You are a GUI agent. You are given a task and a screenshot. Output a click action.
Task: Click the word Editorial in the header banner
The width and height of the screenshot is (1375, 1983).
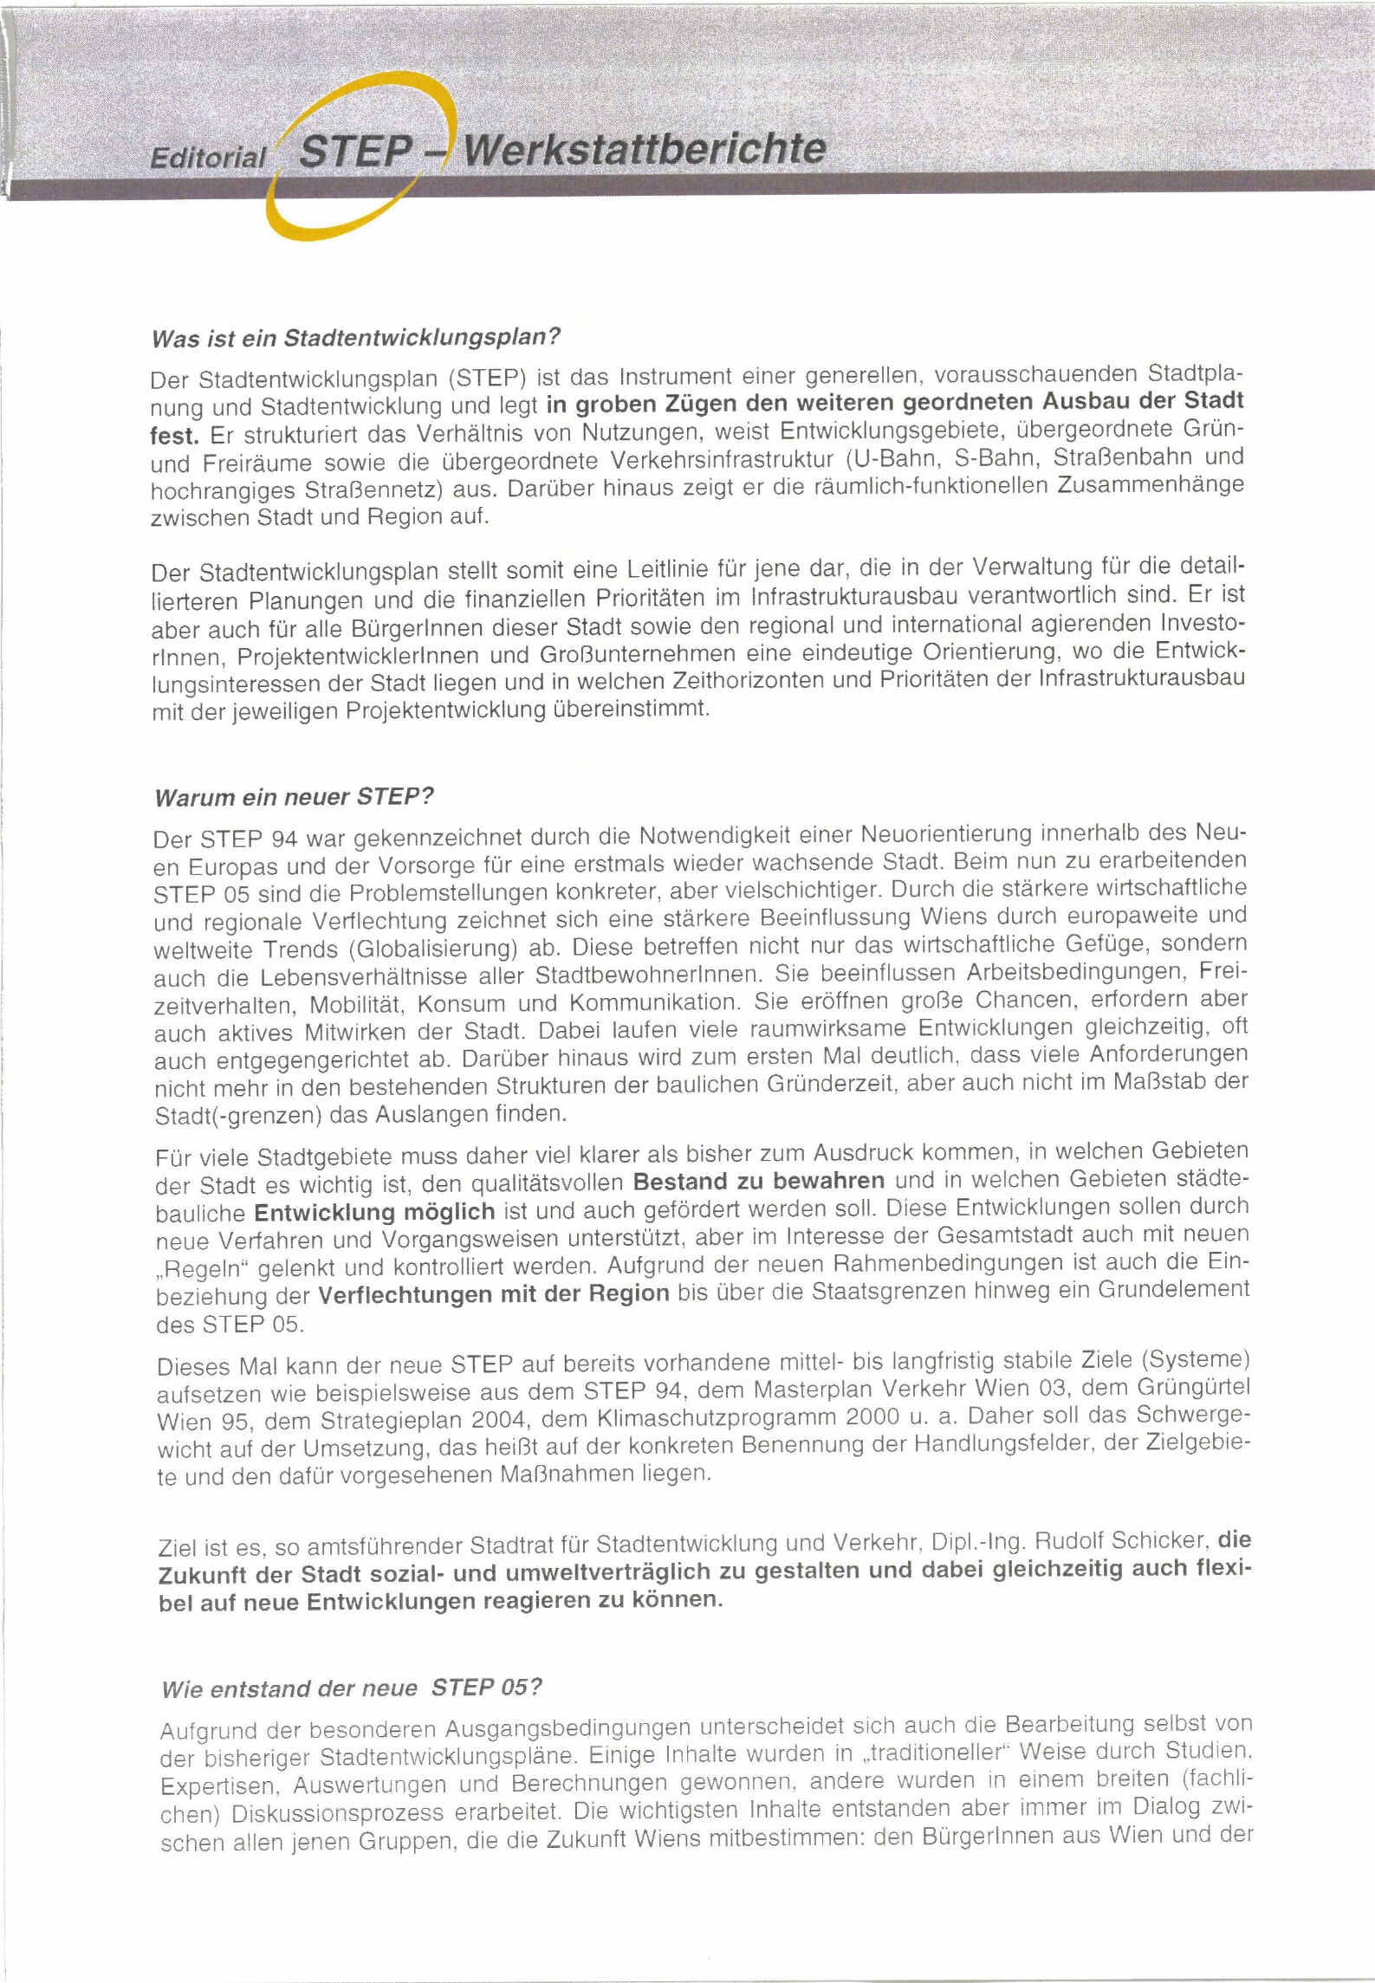tap(208, 157)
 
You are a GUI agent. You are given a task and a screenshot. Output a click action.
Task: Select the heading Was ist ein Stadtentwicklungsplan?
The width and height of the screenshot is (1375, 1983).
tap(357, 337)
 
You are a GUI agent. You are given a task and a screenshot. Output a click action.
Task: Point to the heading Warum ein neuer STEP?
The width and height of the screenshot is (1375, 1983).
tap(293, 797)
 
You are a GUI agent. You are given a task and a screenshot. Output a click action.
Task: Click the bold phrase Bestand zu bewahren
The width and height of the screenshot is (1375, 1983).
tap(759, 1182)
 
